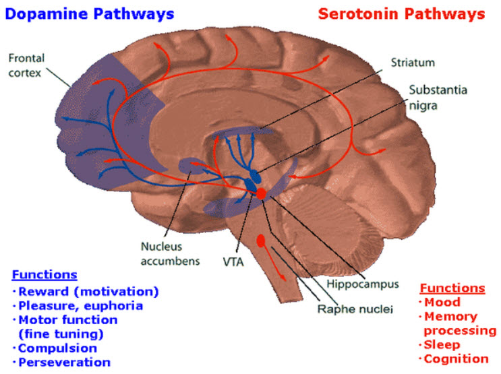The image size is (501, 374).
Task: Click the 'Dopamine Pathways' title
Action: coord(90,14)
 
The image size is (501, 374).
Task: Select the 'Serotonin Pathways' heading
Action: coord(402,14)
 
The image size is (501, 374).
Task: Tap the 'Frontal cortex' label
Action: coord(26,65)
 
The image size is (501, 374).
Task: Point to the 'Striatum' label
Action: coord(413,62)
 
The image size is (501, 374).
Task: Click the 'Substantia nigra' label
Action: coord(438,98)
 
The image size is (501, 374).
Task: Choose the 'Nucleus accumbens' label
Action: coord(171,253)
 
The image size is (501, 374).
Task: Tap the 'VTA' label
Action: coord(233,262)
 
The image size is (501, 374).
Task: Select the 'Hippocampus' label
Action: coord(363,284)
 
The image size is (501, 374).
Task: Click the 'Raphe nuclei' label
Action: coord(355,309)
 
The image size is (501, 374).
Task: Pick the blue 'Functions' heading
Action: coord(45,275)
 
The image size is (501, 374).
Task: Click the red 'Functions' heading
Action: coord(452,288)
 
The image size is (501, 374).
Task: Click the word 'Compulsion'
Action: coord(57,348)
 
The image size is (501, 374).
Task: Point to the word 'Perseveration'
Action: coord(64,362)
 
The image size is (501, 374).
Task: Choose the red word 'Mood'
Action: coord(442,302)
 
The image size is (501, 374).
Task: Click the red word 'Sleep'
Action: coord(442,345)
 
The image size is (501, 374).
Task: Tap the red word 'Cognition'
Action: coord(456,359)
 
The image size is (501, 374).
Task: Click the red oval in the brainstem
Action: coord(262,241)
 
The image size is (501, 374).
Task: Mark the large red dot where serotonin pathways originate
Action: coord(262,193)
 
